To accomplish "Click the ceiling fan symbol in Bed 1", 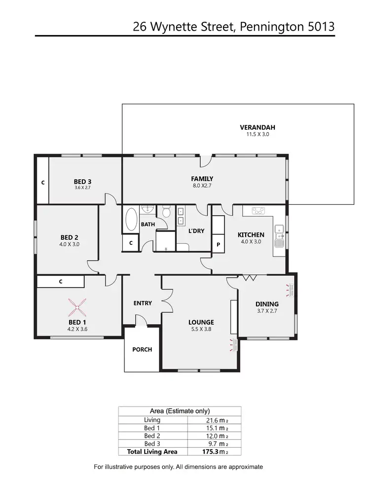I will click(77, 308).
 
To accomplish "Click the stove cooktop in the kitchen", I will click(258, 211).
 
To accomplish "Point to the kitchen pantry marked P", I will click(218, 244).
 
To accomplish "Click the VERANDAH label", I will click(254, 127).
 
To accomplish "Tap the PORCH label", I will click(142, 349).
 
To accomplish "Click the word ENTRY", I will click(143, 303).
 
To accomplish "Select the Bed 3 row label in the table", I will click(152, 444).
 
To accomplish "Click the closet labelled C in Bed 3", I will click(43, 182).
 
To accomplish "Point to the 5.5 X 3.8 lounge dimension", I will click(200, 329).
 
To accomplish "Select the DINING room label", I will click(267, 304).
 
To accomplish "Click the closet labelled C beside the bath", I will click(131, 243).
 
